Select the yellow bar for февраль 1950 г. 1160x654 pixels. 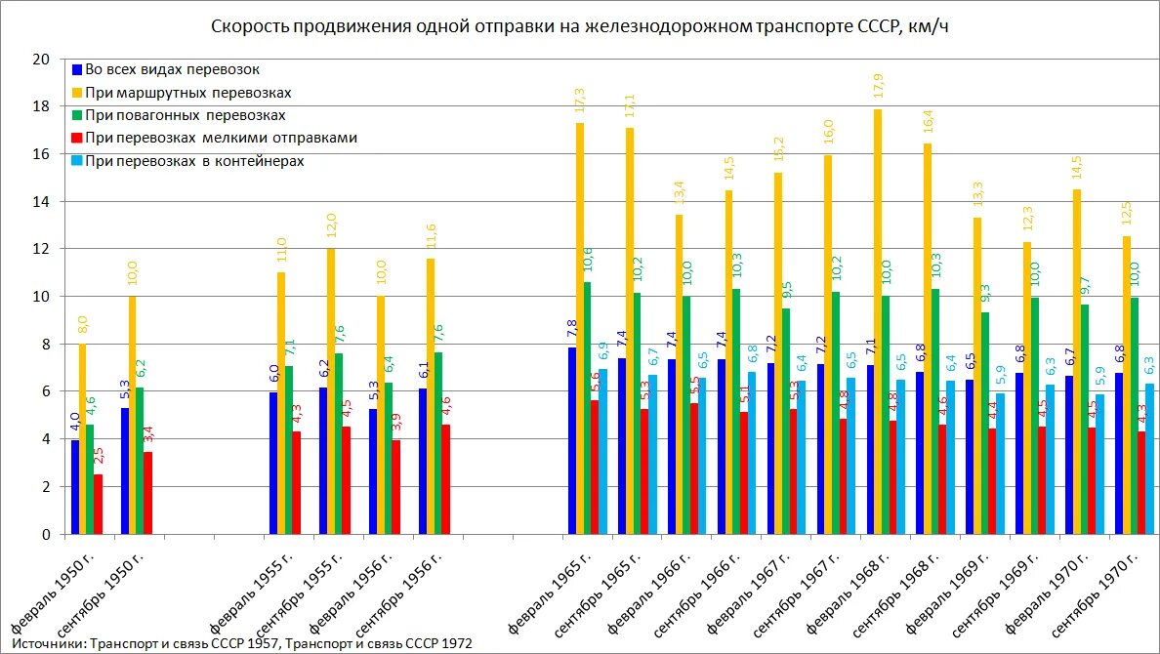coord(83,439)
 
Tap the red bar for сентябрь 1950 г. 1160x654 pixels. coord(146,493)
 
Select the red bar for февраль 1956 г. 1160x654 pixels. coord(394,487)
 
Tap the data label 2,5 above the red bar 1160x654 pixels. coord(98,456)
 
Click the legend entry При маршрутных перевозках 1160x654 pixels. coord(188,93)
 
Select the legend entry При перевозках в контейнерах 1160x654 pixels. coord(195,161)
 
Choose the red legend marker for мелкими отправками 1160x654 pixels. coord(77,139)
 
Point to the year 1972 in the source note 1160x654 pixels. coord(456,643)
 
